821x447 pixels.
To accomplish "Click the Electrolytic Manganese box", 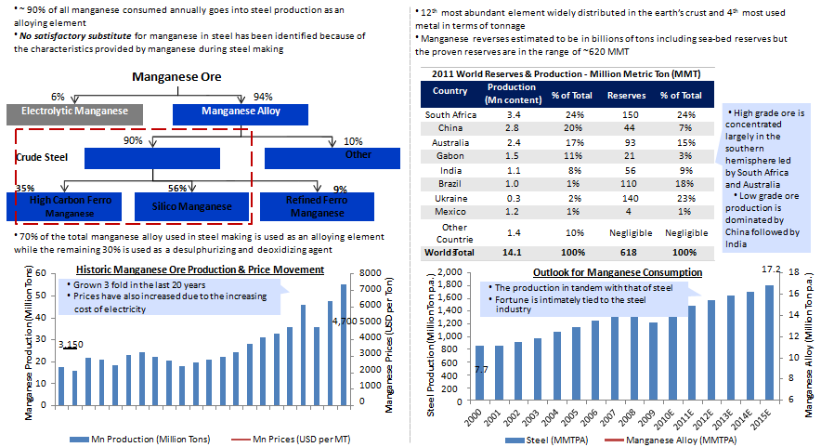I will pos(74,112).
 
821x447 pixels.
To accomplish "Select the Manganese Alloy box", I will pos(241,112).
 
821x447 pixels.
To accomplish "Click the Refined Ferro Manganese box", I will pos(317,206).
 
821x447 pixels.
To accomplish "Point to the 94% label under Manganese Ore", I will pos(263,97).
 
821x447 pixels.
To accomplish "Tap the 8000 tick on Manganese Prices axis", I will pos(368,273).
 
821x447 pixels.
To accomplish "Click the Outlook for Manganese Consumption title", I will pos(617,271).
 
